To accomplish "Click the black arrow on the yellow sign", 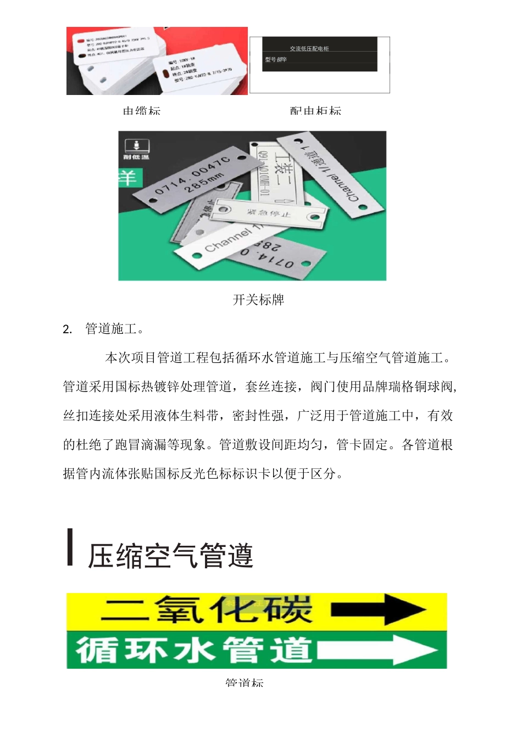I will [x=379, y=610].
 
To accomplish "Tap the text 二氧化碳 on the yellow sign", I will [x=207, y=610].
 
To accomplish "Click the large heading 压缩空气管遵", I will [x=170, y=555].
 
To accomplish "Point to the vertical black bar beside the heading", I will [x=70, y=547].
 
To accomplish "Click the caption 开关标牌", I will [x=258, y=300].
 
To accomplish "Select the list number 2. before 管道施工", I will [x=68, y=329].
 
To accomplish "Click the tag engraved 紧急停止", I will [x=269, y=214].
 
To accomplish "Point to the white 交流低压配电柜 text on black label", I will [x=309, y=49].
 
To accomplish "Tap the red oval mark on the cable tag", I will [x=81, y=40].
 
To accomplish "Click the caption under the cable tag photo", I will [x=142, y=111].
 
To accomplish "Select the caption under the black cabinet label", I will [x=315, y=111].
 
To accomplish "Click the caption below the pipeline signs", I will [x=245, y=683].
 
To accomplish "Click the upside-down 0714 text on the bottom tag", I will [x=275, y=258].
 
